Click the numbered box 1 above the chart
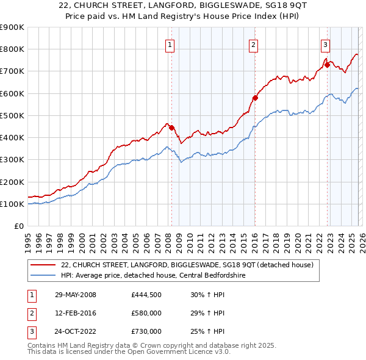[169, 44]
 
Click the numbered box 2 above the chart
[253, 44]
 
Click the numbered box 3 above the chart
[325, 44]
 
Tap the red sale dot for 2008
[171, 128]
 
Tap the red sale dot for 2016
[255, 98]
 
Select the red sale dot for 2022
[327, 65]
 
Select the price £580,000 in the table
[146, 313]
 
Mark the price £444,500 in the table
[146, 295]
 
